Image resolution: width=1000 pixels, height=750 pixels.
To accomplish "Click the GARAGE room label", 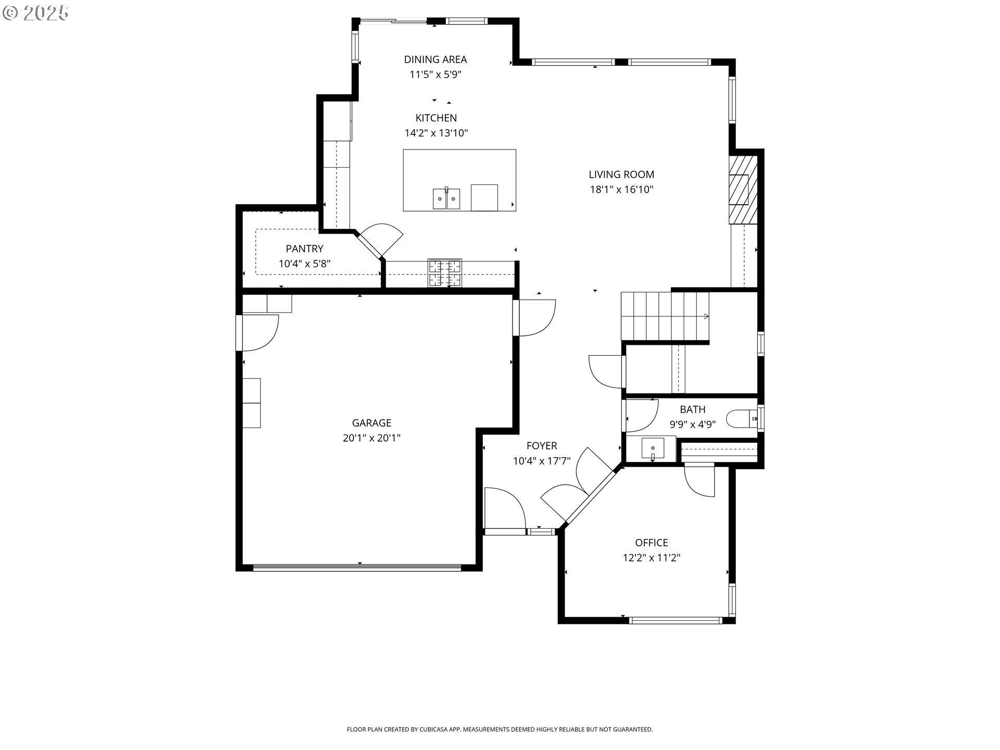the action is pos(371,423).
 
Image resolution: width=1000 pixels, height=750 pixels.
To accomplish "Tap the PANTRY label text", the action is pos(305,249).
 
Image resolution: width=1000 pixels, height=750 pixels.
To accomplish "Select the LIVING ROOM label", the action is pos(621,174).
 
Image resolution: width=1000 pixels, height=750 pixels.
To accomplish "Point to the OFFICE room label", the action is pos(652,543).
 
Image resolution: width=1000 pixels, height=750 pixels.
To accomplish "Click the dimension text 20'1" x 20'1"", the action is pos(371,438).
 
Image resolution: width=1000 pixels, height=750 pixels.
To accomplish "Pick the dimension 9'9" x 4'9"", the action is pos(693,424).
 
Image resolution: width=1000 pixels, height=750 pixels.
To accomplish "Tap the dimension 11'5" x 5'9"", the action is pos(435,74).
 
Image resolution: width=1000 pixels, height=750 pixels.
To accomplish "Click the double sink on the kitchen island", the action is pos(446,198).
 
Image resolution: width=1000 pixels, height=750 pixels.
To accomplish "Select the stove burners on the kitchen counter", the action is pos(445,272).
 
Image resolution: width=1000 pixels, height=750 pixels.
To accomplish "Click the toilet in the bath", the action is pos(742,418).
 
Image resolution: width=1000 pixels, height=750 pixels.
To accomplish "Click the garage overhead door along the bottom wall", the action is pos(357,567).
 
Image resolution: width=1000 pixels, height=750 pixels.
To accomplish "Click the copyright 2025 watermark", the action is pos(36,13).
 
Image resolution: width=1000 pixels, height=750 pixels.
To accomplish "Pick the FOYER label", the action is pos(542,446).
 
